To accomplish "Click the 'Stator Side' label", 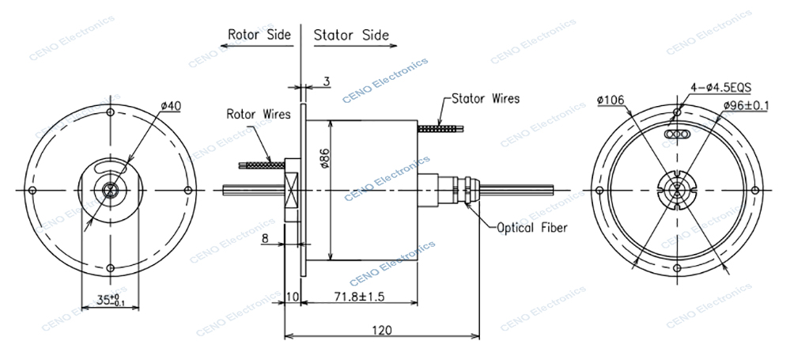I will pos(351,35).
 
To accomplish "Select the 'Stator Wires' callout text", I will pos(485,99).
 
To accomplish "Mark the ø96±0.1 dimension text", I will pos(748,104).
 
